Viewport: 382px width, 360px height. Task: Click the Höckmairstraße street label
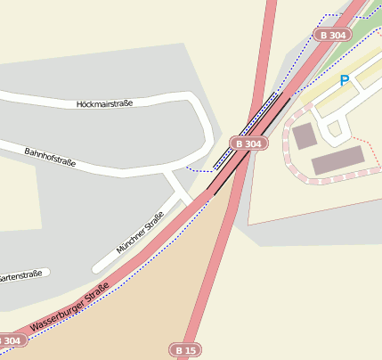point(105,103)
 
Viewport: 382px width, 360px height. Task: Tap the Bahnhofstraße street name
point(50,158)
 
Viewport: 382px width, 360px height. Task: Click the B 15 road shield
point(186,350)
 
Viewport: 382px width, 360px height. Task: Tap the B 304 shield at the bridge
point(249,143)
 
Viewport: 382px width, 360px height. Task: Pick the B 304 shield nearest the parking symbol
point(331,35)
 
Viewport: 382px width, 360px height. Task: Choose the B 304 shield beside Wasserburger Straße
point(8,340)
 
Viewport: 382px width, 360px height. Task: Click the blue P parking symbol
point(344,81)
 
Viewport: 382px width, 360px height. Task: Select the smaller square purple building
point(305,136)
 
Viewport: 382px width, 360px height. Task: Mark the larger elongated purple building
point(337,160)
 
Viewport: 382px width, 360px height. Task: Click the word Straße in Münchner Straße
point(153,221)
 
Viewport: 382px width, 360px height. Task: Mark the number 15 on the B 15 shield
point(191,350)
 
